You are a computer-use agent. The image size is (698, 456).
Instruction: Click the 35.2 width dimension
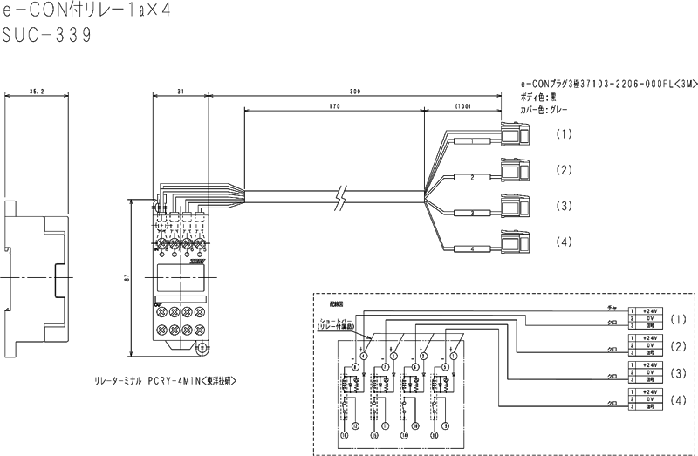click(x=37, y=91)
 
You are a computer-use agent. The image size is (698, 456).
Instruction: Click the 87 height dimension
click(x=127, y=276)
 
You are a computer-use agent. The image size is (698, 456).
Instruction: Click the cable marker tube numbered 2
click(x=472, y=177)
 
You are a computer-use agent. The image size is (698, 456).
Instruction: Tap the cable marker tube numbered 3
click(x=472, y=213)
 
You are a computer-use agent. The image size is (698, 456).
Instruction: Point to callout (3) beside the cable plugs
click(x=565, y=206)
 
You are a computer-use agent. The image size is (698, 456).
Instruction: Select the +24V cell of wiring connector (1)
click(x=649, y=310)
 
